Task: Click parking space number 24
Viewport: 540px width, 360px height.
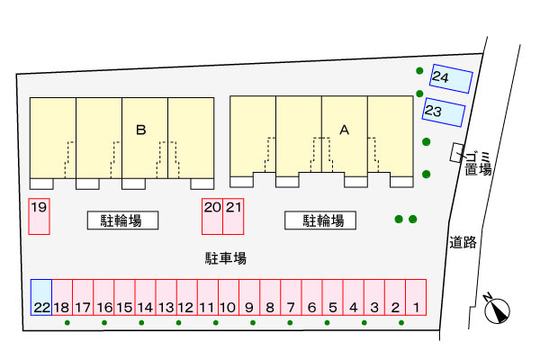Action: tap(451, 78)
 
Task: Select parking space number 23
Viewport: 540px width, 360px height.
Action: tap(444, 112)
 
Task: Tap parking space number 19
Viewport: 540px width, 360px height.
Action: tap(40, 216)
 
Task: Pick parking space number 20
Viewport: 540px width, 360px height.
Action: tap(212, 216)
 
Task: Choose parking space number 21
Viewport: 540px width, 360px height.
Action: tap(233, 216)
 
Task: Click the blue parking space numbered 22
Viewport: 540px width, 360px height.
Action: tap(41, 297)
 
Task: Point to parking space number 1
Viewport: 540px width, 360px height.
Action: tap(416, 297)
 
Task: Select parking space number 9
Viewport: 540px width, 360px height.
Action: tap(249, 297)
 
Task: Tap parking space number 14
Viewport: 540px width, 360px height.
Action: tap(145, 297)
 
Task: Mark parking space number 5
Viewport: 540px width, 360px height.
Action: tap(333, 297)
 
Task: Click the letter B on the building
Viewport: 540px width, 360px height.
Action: tap(141, 130)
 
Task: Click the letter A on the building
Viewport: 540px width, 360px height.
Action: tap(345, 130)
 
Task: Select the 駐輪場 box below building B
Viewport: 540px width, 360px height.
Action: tap(122, 220)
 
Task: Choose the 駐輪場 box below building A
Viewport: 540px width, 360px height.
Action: tap(320, 220)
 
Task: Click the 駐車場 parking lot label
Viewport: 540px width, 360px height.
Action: tap(226, 258)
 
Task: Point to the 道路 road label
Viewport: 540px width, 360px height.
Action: tap(463, 242)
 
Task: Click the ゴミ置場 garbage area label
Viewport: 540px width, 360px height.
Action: tap(478, 163)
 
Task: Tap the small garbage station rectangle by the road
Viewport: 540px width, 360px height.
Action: tap(456, 152)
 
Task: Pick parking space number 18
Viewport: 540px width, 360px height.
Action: tap(62, 297)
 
